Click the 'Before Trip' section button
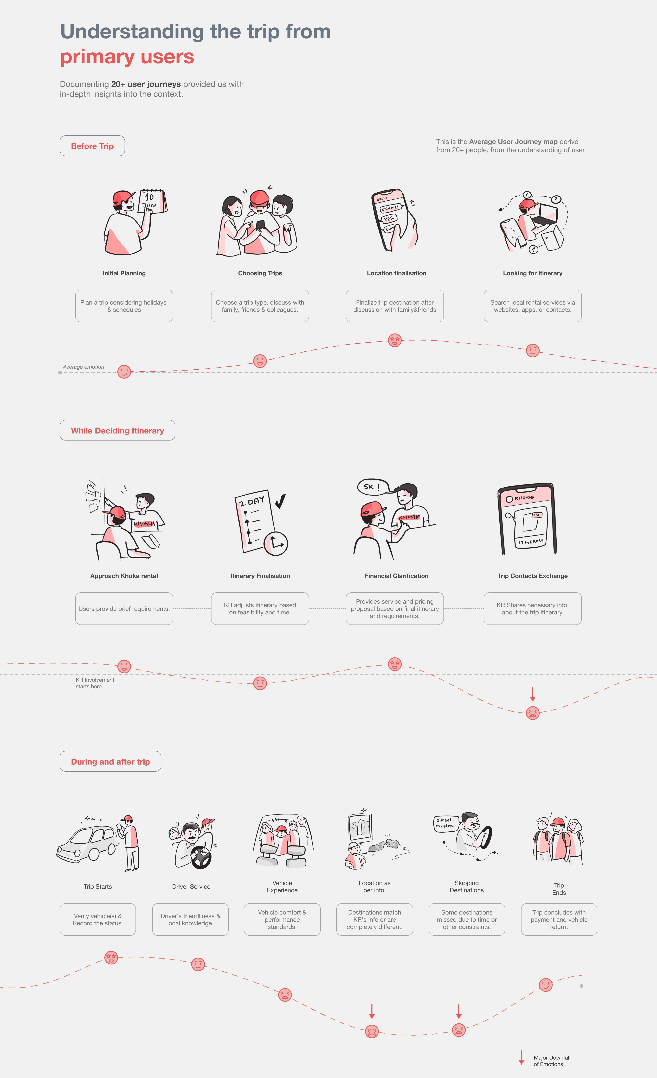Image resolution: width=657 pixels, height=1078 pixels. (x=92, y=146)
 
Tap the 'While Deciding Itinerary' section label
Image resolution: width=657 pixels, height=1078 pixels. (x=117, y=430)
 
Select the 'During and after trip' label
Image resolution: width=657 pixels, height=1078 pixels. (x=110, y=761)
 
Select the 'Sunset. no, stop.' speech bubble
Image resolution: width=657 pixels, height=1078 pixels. (x=446, y=823)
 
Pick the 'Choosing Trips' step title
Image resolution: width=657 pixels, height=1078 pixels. (x=260, y=273)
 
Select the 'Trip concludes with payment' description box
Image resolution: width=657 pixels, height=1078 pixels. (x=559, y=919)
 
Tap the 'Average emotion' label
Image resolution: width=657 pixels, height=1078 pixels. (x=83, y=367)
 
